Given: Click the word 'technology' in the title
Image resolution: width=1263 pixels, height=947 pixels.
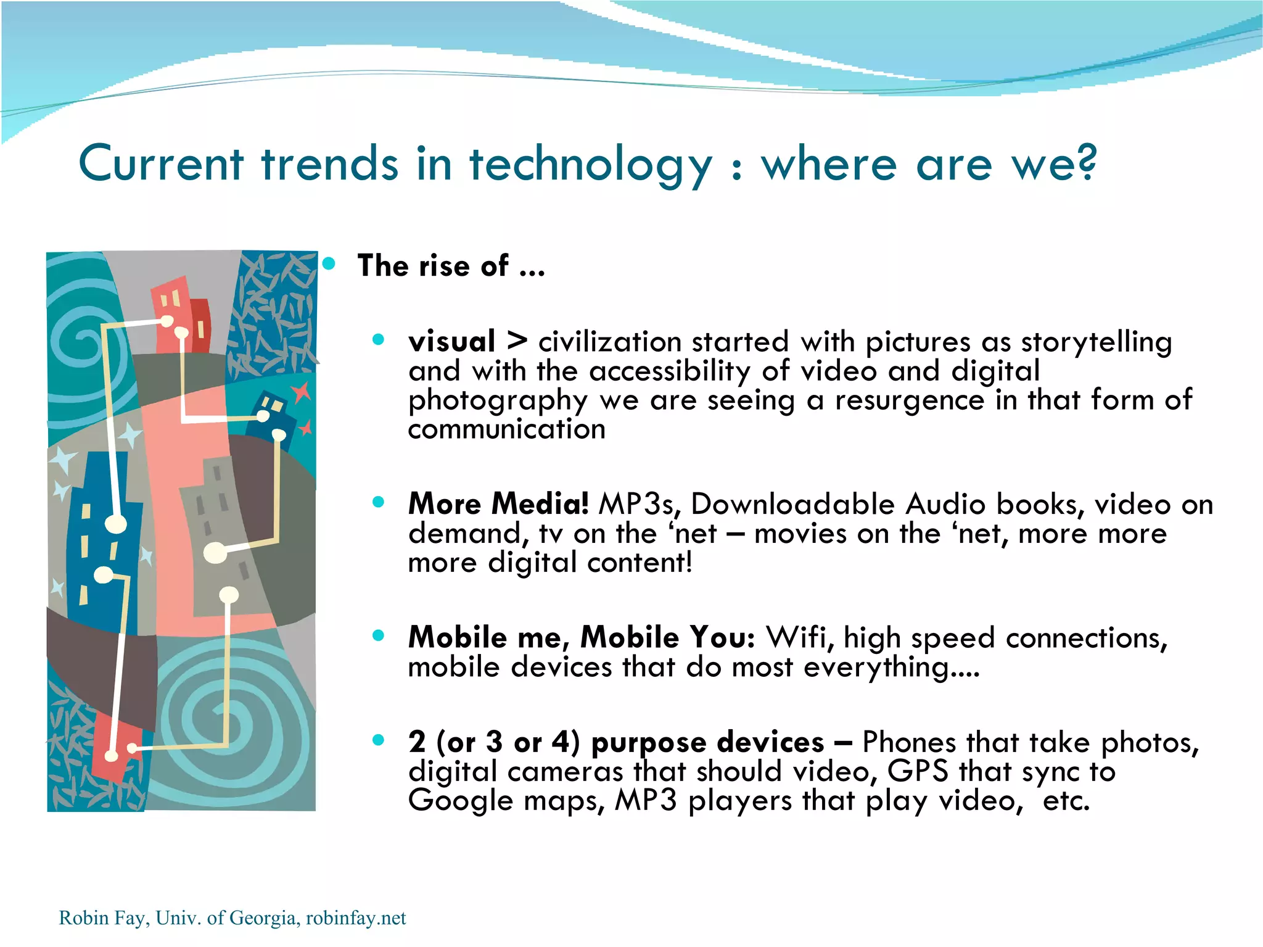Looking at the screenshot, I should pos(590,165).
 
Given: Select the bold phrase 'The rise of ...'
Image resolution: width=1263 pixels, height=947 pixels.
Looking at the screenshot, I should pos(451,266).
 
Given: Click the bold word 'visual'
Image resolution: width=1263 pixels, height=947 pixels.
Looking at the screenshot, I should pos(451,341).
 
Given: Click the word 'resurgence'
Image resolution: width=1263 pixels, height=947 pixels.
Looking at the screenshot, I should pos(910,400).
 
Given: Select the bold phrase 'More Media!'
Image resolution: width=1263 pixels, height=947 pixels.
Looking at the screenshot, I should pos(498,503).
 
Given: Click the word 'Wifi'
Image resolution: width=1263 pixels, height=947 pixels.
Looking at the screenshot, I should pos(799,637).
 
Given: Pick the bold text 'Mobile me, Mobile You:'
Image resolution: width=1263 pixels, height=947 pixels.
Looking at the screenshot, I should pos(582,637).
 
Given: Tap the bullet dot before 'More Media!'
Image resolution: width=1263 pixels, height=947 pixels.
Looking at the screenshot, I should pos(378,502).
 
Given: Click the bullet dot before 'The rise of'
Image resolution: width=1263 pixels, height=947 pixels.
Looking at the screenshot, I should pos(329,265).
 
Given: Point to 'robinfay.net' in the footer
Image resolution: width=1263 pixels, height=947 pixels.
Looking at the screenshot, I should pos(356,918).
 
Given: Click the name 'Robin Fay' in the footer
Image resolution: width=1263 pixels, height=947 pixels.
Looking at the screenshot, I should pos(102,918).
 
